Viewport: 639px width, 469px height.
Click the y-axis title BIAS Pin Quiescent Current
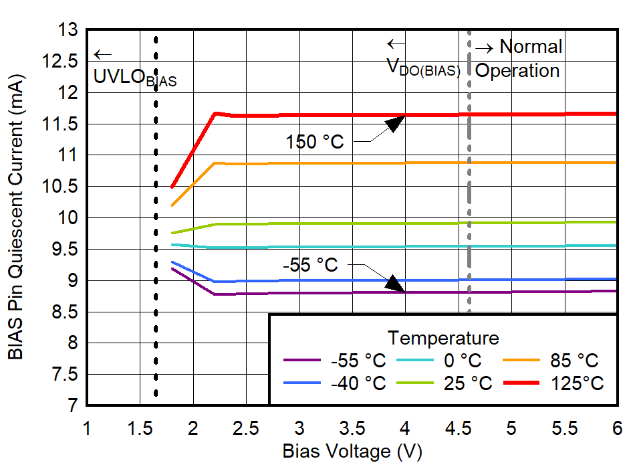16,217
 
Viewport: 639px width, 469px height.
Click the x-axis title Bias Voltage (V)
352,452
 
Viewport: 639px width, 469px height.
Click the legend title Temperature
443,337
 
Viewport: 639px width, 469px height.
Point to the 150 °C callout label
315,142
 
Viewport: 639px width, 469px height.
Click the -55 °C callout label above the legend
310,265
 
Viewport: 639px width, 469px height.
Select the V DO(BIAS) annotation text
424,68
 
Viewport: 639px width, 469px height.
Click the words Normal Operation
518,59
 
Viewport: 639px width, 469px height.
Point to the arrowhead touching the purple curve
395,284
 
